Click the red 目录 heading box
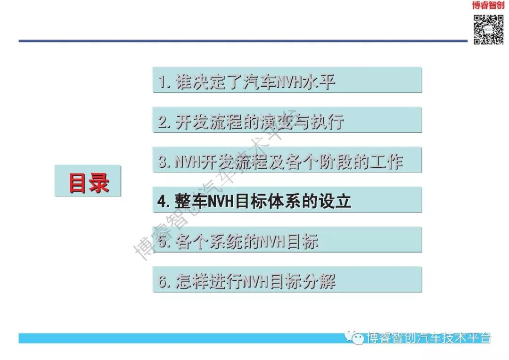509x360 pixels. [88, 181]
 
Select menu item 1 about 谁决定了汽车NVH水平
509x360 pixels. [287, 81]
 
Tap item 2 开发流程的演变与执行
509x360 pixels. [287, 121]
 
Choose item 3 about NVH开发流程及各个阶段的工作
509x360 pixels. [287, 161]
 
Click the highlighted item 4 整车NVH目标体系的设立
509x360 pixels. [287, 201]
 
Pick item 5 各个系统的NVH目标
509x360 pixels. [287, 241]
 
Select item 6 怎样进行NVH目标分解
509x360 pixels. [287, 281]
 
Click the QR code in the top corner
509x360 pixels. [488, 30]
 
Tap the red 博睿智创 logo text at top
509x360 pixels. [488, 6]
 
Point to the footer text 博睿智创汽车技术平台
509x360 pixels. [429, 337]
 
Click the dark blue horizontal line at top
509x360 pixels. [236, 41]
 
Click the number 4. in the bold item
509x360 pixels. [164, 202]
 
